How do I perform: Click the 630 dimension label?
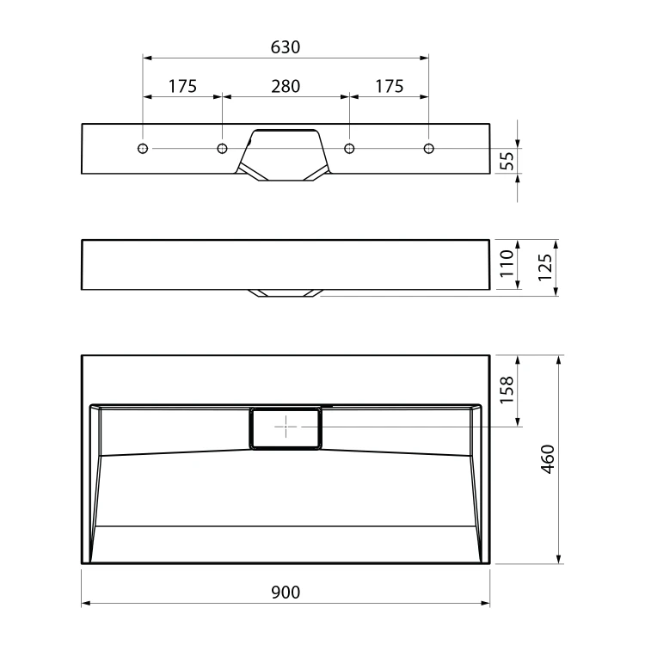coord(285,47)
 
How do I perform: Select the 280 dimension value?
coord(286,86)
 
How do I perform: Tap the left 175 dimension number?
coord(182,86)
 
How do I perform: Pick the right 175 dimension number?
coord(389,86)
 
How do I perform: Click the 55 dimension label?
coord(508,161)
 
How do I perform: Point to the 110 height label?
coord(507,264)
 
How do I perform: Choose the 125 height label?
coord(544,267)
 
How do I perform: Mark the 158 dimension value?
coord(507,390)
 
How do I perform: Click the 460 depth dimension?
coord(548,459)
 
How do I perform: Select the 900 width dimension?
coord(286,593)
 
